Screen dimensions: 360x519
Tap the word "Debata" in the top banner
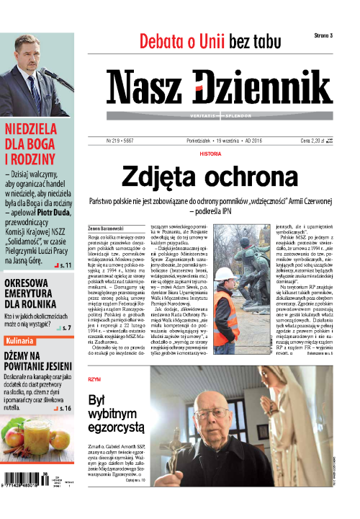click(x=163, y=42)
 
